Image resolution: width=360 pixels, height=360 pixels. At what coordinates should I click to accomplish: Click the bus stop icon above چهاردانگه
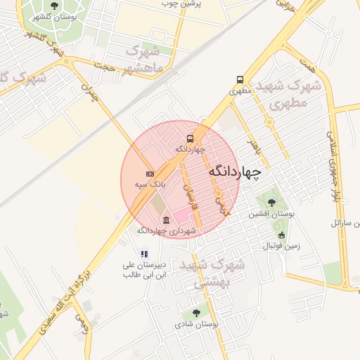(x=191, y=139)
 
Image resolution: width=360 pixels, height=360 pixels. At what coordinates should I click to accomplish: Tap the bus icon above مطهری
(x=240, y=80)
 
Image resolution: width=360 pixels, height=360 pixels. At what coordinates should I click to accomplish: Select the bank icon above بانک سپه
(x=149, y=173)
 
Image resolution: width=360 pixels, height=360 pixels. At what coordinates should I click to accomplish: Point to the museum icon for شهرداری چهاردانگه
(x=166, y=220)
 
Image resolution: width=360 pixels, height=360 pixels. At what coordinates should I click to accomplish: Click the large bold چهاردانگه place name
(x=235, y=171)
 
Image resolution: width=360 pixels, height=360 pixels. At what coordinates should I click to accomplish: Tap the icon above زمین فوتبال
(x=282, y=236)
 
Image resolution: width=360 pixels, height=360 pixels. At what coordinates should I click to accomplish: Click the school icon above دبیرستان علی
(x=144, y=254)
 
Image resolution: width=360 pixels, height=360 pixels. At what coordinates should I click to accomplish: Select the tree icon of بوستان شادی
(x=196, y=313)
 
